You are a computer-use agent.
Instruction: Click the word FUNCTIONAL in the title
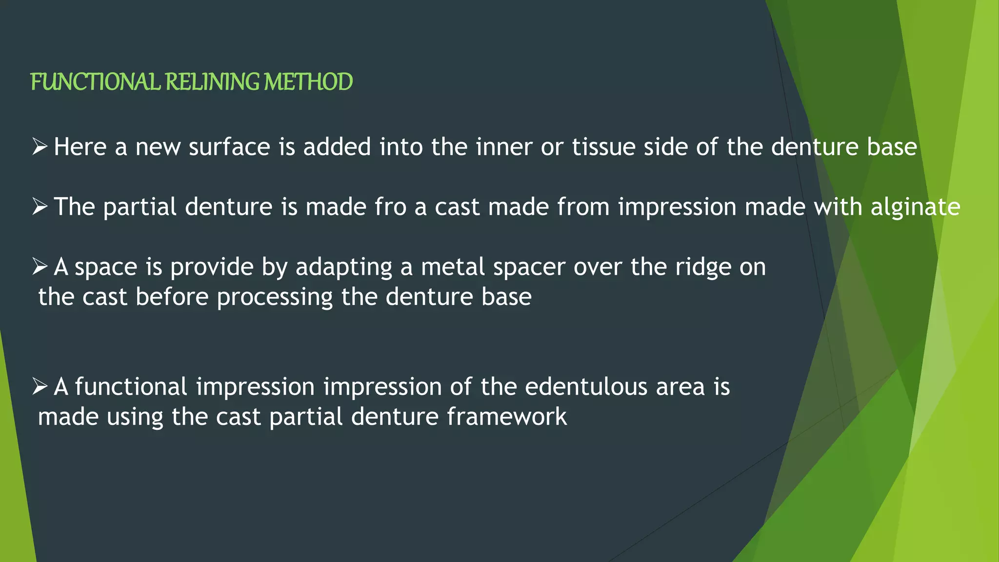pyautogui.click(x=95, y=82)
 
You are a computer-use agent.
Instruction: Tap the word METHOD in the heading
pyautogui.click(x=308, y=82)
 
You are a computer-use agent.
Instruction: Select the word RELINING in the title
pyautogui.click(x=212, y=82)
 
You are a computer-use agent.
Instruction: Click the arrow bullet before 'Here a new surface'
pyautogui.click(x=40, y=146)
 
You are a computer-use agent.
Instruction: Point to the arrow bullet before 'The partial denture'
pyautogui.click(x=40, y=206)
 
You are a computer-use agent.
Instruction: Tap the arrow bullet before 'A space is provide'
pyautogui.click(x=40, y=266)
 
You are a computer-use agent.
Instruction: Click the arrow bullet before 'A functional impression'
pyautogui.click(x=40, y=386)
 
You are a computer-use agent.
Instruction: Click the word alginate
pyautogui.click(x=916, y=207)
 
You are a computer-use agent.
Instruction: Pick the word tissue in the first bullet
pyautogui.click(x=603, y=147)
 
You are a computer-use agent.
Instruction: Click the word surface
pyautogui.click(x=229, y=147)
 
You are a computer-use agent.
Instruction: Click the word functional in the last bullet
pyautogui.click(x=131, y=387)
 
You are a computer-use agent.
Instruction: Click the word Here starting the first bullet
pyautogui.click(x=80, y=147)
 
